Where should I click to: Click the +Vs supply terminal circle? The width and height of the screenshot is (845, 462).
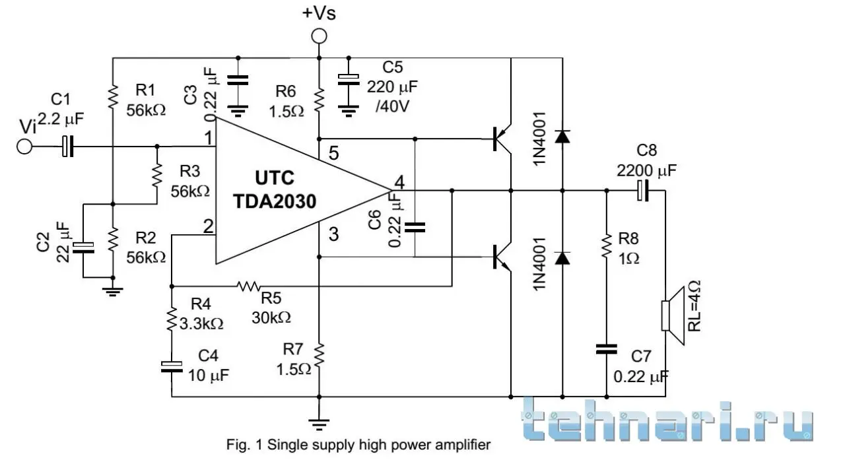tap(319, 36)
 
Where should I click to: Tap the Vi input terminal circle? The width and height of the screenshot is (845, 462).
tap(24, 147)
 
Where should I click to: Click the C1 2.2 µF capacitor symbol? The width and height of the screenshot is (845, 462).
tap(67, 147)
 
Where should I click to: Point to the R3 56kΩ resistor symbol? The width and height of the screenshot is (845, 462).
tap(158, 175)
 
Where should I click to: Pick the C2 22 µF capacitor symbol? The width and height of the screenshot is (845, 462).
tap(84, 247)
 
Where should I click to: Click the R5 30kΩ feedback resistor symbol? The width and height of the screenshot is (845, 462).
tap(250, 286)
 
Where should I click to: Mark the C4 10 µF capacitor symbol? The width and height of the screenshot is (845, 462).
tap(172, 366)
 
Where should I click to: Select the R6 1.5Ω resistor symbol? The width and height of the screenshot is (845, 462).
tap(319, 100)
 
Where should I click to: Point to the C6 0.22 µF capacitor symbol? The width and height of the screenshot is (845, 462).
tap(415, 228)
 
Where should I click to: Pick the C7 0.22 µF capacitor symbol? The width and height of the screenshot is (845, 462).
tap(606, 349)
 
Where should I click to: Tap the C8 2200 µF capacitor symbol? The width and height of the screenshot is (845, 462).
tap(643, 191)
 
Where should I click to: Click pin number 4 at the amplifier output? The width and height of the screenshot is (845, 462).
tap(398, 181)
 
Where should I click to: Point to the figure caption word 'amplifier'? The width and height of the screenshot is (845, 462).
tap(465, 445)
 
